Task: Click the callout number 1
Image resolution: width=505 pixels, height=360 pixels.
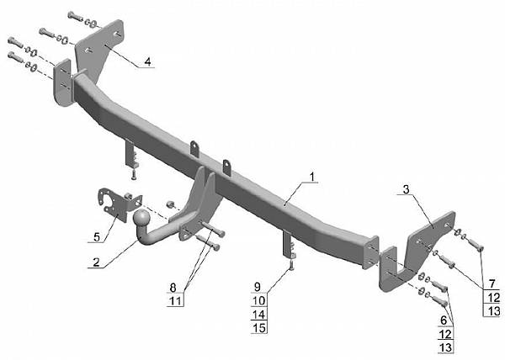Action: click(x=311, y=177)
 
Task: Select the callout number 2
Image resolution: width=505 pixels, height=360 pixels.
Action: click(x=96, y=262)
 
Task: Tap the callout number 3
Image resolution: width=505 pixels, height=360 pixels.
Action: click(x=406, y=189)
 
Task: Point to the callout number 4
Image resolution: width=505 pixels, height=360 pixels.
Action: click(x=147, y=61)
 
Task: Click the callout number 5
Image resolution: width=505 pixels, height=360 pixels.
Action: click(x=97, y=237)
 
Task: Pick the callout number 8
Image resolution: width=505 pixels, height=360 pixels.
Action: click(x=173, y=288)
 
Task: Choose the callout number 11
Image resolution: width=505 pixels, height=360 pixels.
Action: click(x=176, y=301)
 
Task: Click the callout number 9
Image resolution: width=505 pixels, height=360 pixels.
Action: click(x=257, y=287)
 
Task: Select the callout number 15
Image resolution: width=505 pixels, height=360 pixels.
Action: click(x=259, y=328)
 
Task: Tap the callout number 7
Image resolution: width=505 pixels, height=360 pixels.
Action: click(x=492, y=284)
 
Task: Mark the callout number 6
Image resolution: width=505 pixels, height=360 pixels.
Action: click(x=444, y=320)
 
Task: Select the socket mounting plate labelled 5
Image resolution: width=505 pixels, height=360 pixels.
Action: click(x=120, y=204)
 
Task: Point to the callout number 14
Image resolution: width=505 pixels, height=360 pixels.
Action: click(x=259, y=315)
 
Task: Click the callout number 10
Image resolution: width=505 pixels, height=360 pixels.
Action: click(x=259, y=300)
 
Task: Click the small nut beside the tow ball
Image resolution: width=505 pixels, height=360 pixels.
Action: click(x=170, y=204)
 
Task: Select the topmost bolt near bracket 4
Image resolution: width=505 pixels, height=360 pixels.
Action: click(x=75, y=16)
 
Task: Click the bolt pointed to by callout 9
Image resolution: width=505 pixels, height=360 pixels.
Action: click(x=291, y=266)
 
